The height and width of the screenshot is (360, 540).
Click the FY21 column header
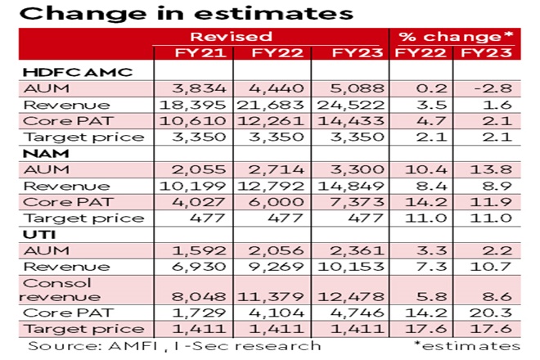tap(192, 54)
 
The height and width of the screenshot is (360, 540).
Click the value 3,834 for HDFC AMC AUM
tap(192, 88)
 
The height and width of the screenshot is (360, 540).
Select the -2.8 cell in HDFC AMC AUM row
tap(492, 88)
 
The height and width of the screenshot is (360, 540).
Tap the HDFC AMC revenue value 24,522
tap(353, 105)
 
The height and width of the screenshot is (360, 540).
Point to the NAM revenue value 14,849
tap(353, 186)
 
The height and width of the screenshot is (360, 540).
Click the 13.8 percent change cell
tap(492, 169)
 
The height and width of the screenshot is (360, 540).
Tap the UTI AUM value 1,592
tap(192, 251)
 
